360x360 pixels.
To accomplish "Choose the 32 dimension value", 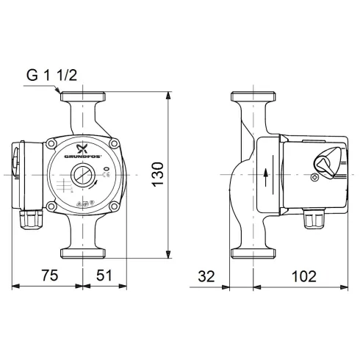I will [206, 276].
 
